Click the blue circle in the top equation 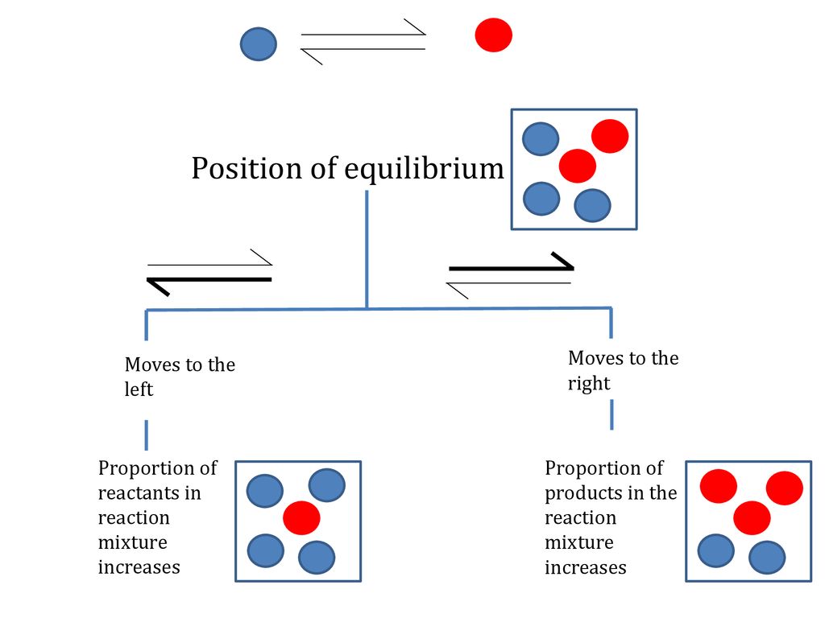point(258,43)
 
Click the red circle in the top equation point(493,35)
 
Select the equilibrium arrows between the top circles point(363,42)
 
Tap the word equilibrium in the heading point(424,170)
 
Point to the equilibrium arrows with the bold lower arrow point(209,272)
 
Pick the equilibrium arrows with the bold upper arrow point(510,274)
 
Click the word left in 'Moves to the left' point(139,390)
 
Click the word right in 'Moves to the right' point(589,384)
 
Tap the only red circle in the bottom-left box point(301,517)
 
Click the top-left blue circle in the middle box point(541,138)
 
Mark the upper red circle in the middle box point(610,136)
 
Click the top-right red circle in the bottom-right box point(784,488)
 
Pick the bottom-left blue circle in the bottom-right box point(715,550)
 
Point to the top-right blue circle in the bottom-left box point(326,484)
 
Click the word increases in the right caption point(585,567)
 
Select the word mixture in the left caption point(132,542)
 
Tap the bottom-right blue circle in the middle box point(592,205)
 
